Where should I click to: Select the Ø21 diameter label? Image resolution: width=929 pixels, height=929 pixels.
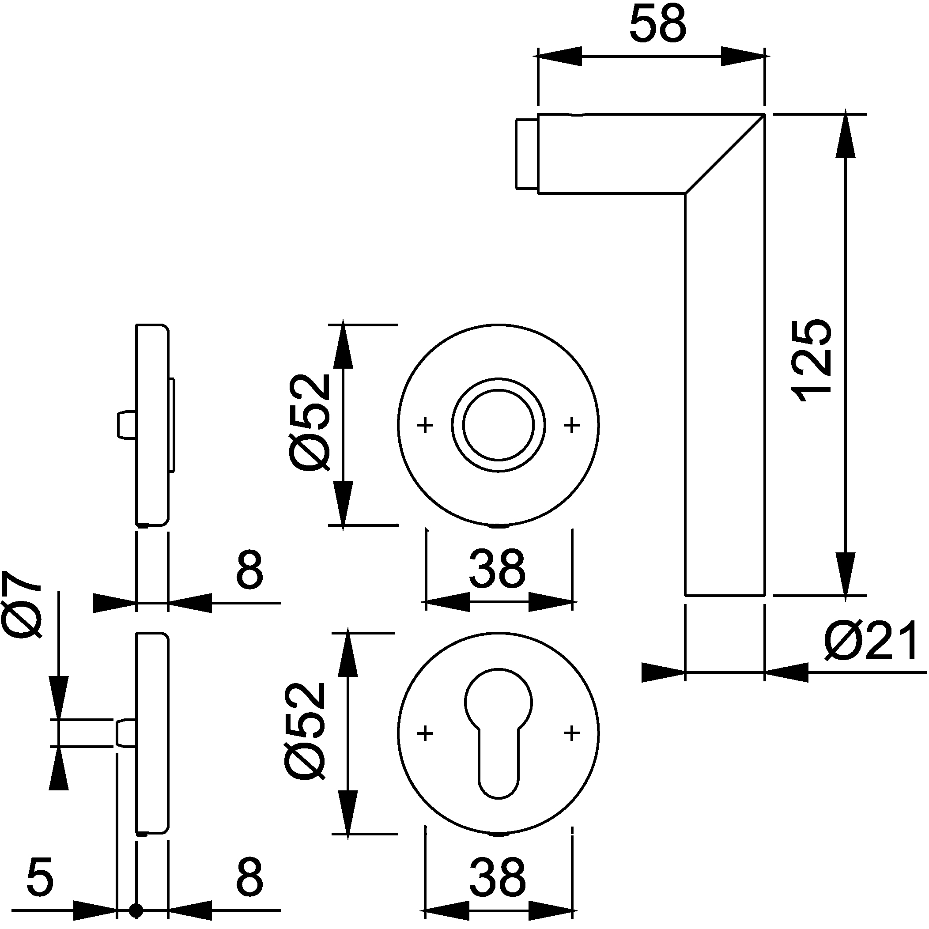(x=870, y=641)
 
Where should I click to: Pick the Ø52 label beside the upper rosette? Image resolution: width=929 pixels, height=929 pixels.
(x=310, y=423)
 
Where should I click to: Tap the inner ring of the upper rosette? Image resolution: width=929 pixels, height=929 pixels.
(x=498, y=425)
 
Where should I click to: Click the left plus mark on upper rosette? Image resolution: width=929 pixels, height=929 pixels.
(x=425, y=425)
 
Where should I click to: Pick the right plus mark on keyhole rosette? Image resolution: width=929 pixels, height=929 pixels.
(x=572, y=733)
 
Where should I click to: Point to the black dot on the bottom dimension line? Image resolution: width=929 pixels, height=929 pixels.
(x=136, y=910)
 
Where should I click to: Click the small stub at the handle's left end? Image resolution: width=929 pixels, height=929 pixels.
(x=527, y=154)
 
